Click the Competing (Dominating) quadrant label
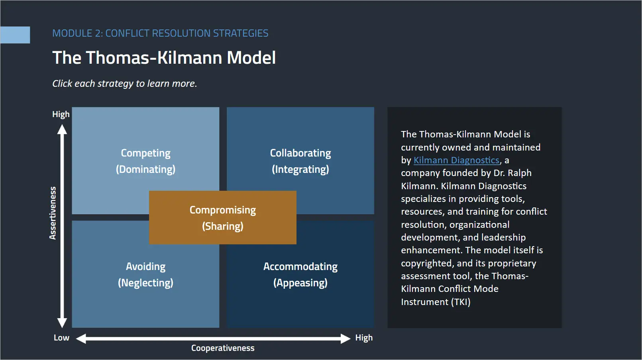click(145, 161)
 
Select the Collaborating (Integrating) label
click(300, 161)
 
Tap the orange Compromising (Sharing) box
click(222, 218)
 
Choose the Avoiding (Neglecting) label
click(145, 274)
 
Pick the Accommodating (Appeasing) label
click(300, 274)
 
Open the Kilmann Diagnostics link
click(456, 160)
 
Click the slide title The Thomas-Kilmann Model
click(164, 58)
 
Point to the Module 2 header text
click(160, 33)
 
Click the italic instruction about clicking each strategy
click(124, 84)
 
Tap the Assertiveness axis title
click(53, 213)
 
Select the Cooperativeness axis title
click(223, 348)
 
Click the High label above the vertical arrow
click(61, 114)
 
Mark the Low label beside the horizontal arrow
click(61, 338)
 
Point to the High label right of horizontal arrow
click(364, 338)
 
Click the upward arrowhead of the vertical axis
click(62, 129)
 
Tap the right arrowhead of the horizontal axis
click(345, 338)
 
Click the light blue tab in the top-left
click(15, 35)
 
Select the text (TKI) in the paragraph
click(461, 302)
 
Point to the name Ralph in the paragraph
click(520, 173)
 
